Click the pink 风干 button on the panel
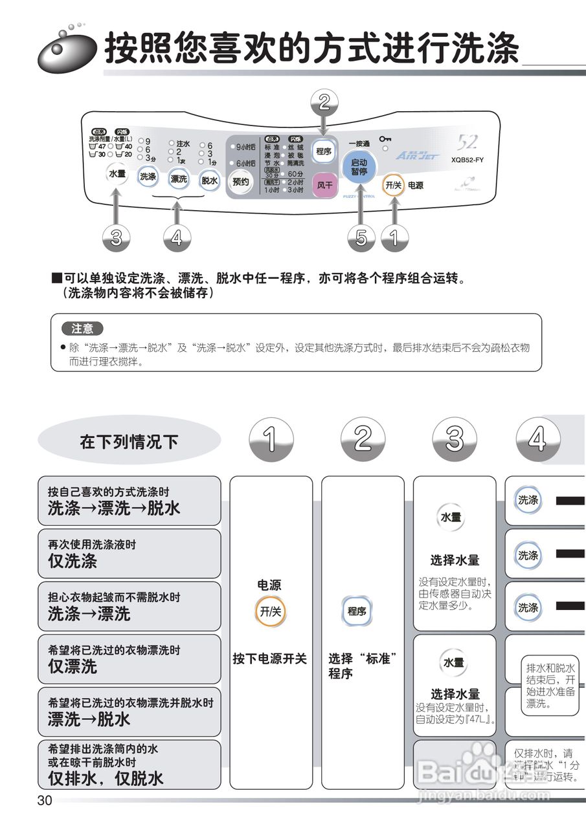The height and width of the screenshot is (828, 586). tap(324, 184)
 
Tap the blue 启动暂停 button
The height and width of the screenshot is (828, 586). tap(359, 168)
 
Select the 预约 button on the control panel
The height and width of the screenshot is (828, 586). tap(240, 182)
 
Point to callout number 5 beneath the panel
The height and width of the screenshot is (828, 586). tap(361, 239)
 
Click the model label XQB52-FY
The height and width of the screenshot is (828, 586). tap(468, 160)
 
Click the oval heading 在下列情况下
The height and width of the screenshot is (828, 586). tap(129, 442)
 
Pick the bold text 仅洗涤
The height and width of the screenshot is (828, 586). tap(73, 561)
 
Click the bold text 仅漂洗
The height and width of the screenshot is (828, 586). tap(73, 666)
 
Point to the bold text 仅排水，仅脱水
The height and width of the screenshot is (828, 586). tap(106, 778)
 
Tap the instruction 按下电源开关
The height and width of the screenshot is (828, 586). tap(270, 659)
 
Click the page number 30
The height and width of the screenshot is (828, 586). tap(45, 801)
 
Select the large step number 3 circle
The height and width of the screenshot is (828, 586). tap(455, 439)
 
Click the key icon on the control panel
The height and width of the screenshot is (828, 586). tap(385, 138)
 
